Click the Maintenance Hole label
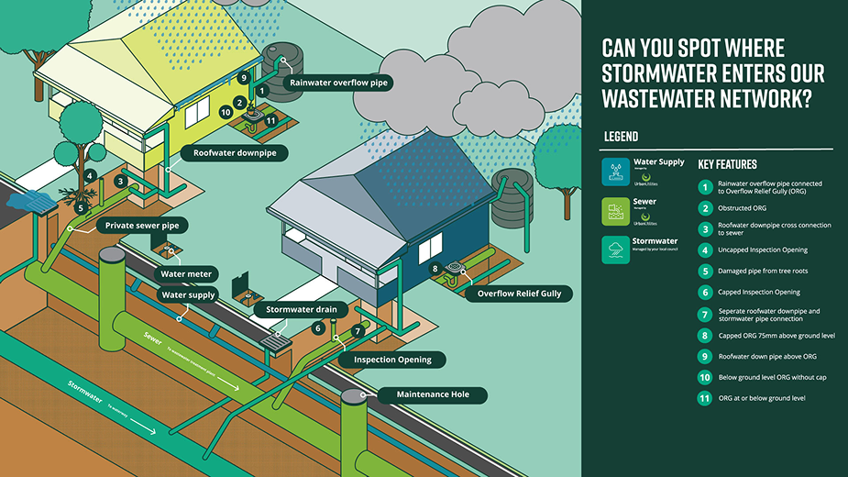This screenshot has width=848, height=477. click(428, 395)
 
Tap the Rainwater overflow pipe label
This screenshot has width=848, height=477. click(338, 83)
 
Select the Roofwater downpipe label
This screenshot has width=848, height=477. click(235, 152)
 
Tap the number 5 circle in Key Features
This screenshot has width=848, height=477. click(705, 272)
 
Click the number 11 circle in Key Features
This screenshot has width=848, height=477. click(705, 398)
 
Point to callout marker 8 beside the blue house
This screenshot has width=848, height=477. click(435, 269)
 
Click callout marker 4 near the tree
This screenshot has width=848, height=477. click(90, 174)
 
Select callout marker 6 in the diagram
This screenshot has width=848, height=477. click(318, 327)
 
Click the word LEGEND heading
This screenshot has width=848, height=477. click(621, 137)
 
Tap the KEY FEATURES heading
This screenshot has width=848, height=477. click(728, 165)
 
